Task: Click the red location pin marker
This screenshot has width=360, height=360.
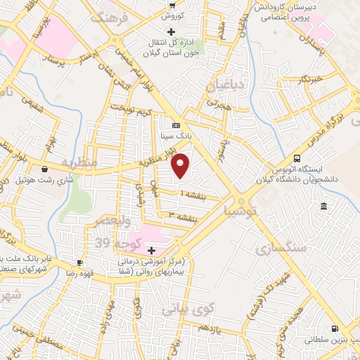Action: (181, 165)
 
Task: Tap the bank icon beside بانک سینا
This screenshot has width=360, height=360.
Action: (176, 125)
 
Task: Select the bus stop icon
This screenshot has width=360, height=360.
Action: (298, 159)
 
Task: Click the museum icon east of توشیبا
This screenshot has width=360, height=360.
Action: (323, 206)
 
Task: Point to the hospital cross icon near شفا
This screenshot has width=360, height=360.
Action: (151, 250)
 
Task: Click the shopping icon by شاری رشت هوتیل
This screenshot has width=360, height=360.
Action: (45, 169)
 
